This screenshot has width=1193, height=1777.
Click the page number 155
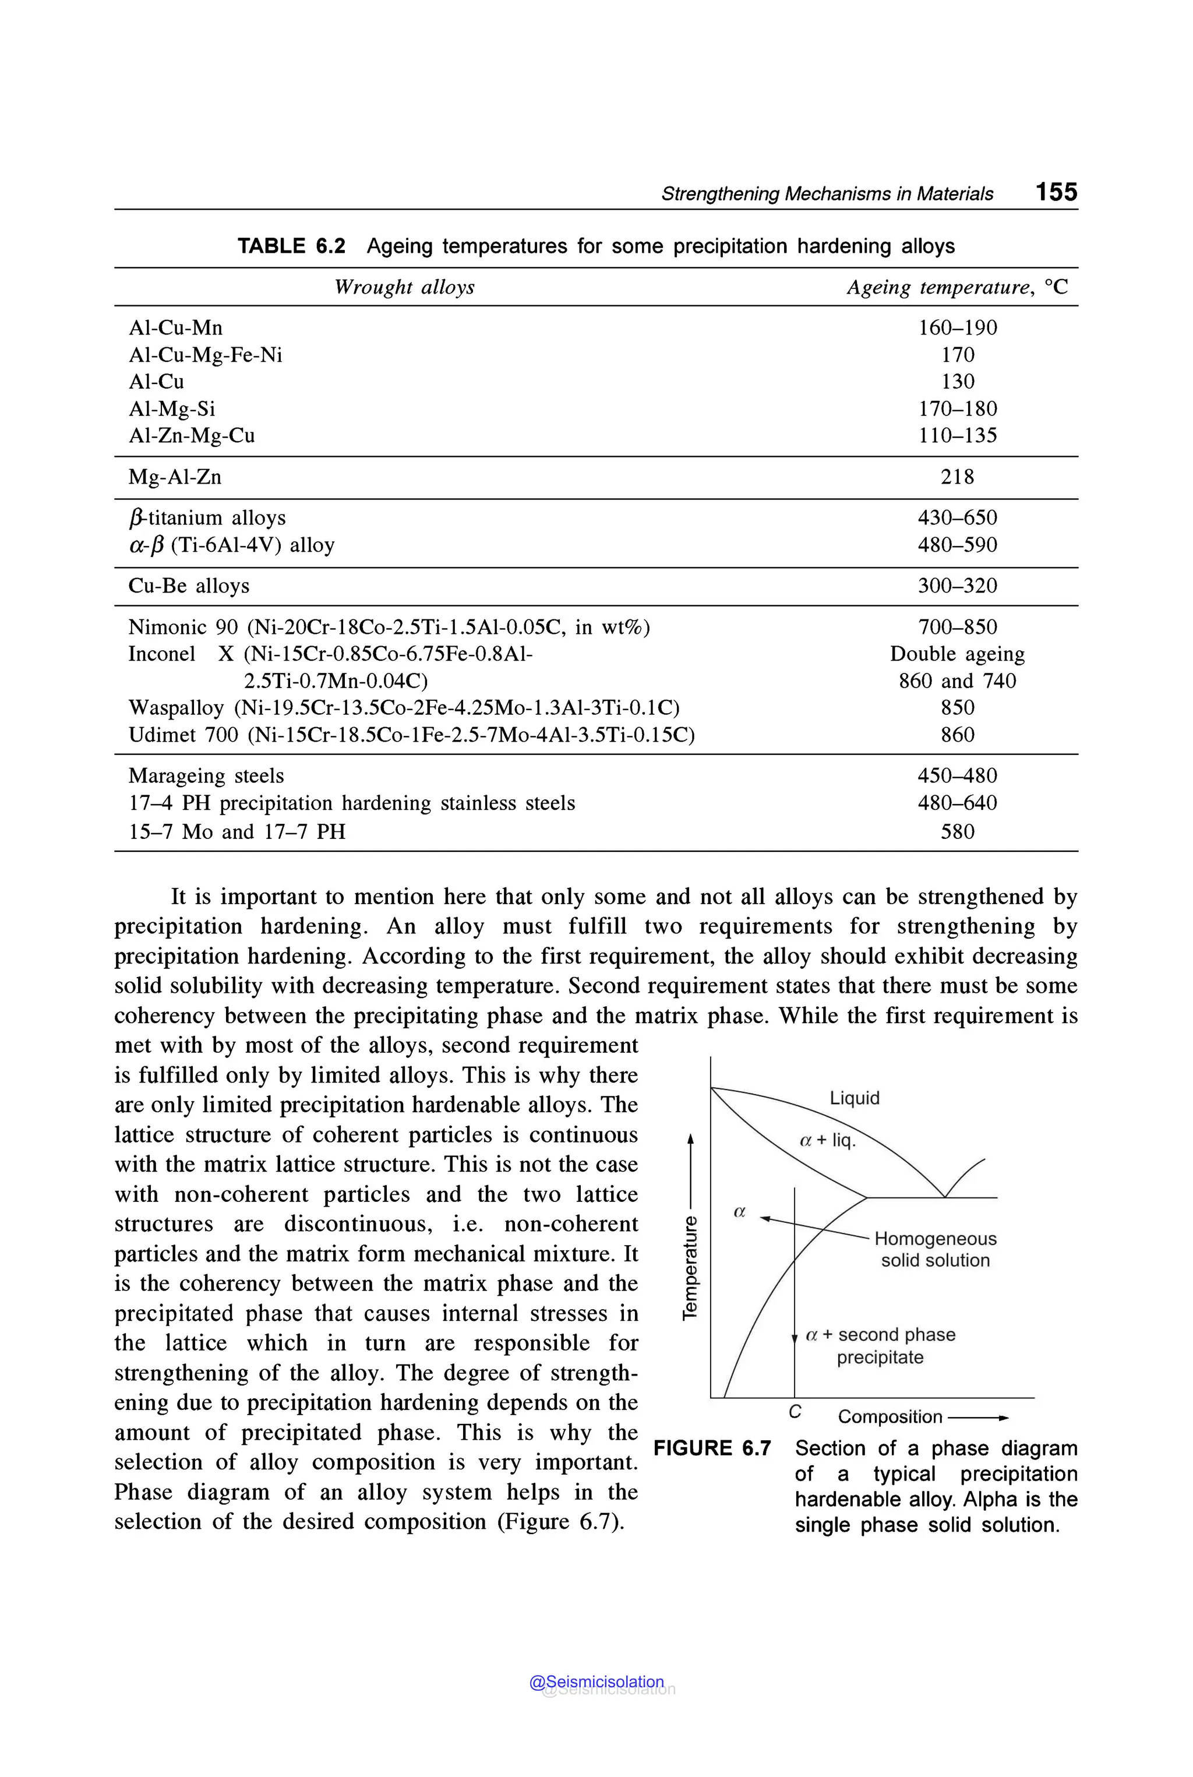(x=1056, y=192)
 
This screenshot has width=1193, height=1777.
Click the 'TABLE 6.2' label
(x=291, y=246)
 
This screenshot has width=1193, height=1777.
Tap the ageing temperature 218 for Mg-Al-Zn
(x=956, y=477)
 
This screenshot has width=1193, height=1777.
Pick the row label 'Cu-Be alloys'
(x=189, y=586)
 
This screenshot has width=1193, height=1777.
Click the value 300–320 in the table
(x=956, y=586)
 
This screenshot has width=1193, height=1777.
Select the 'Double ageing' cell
(x=956, y=654)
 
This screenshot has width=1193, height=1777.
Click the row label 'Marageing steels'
(x=206, y=775)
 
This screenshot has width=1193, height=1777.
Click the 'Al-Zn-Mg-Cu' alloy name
(x=191, y=435)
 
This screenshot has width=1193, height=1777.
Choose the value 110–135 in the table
(x=956, y=435)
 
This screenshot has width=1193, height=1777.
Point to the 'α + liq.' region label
(x=827, y=1140)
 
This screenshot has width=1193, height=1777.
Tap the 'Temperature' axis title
(x=689, y=1267)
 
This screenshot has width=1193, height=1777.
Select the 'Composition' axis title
(x=890, y=1416)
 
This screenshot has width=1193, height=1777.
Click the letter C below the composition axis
(x=795, y=1412)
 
